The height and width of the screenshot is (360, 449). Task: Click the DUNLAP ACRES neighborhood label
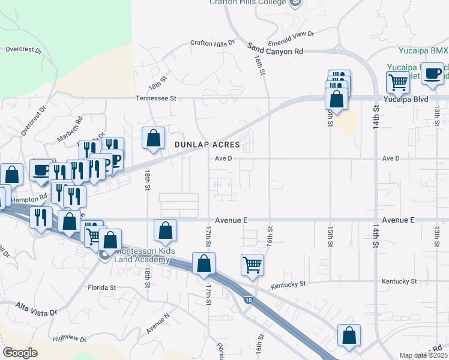tap(207, 145)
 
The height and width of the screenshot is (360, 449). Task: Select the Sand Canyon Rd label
tap(275, 52)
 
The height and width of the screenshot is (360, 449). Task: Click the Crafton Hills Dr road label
tap(212, 43)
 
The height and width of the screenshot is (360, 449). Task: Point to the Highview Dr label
tap(70, 339)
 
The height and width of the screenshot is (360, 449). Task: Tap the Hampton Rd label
tap(34, 197)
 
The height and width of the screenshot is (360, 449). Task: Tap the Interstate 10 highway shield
tap(247, 299)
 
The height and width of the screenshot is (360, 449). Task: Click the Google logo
tap(20, 353)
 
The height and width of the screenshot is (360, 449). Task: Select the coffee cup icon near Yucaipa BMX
tap(432, 74)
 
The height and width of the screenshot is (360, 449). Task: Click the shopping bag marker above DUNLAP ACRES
tap(154, 137)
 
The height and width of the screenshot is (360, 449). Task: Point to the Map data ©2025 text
tap(423, 355)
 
